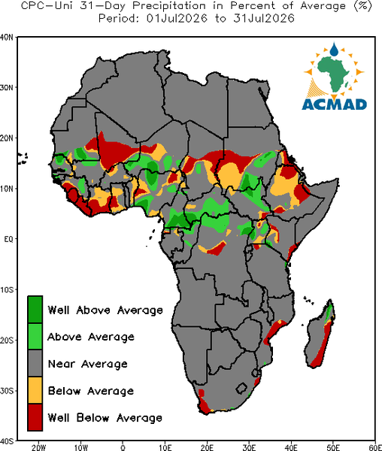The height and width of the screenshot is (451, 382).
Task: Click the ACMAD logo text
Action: click(x=334, y=104)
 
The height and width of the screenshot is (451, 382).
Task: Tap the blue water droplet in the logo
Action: click(x=334, y=50)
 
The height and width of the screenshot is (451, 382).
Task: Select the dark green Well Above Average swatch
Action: click(x=35, y=310)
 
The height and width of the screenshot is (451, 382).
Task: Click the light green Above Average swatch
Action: click(x=35, y=336)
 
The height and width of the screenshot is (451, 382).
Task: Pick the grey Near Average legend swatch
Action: click(x=35, y=363)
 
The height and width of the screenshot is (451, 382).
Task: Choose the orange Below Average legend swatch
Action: click(x=35, y=390)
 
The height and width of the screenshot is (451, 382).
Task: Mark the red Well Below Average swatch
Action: click(x=35, y=417)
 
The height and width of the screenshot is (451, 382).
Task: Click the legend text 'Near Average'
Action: click(x=87, y=364)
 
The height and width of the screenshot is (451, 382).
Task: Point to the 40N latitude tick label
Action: click(x=6, y=38)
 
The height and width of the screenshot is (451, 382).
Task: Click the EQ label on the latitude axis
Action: click(x=8, y=239)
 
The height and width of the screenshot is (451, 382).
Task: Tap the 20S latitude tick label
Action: click(x=7, y=340)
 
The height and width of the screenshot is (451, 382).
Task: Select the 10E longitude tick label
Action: click(x=165, y=447)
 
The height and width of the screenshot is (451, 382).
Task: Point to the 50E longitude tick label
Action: click(x=333, y=447)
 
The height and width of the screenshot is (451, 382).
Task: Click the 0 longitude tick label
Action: click(x=123, y=447)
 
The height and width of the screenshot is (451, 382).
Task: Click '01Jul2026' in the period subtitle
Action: click(x=177, y=19)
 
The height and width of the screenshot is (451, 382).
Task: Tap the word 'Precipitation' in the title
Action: click(x=169, y=6)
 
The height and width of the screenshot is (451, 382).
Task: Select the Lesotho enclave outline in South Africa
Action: click(x=241, y=389)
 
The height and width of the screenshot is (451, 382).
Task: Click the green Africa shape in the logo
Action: click(x=334, y=72)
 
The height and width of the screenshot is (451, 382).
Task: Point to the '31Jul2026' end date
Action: click(x=264, y=19)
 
